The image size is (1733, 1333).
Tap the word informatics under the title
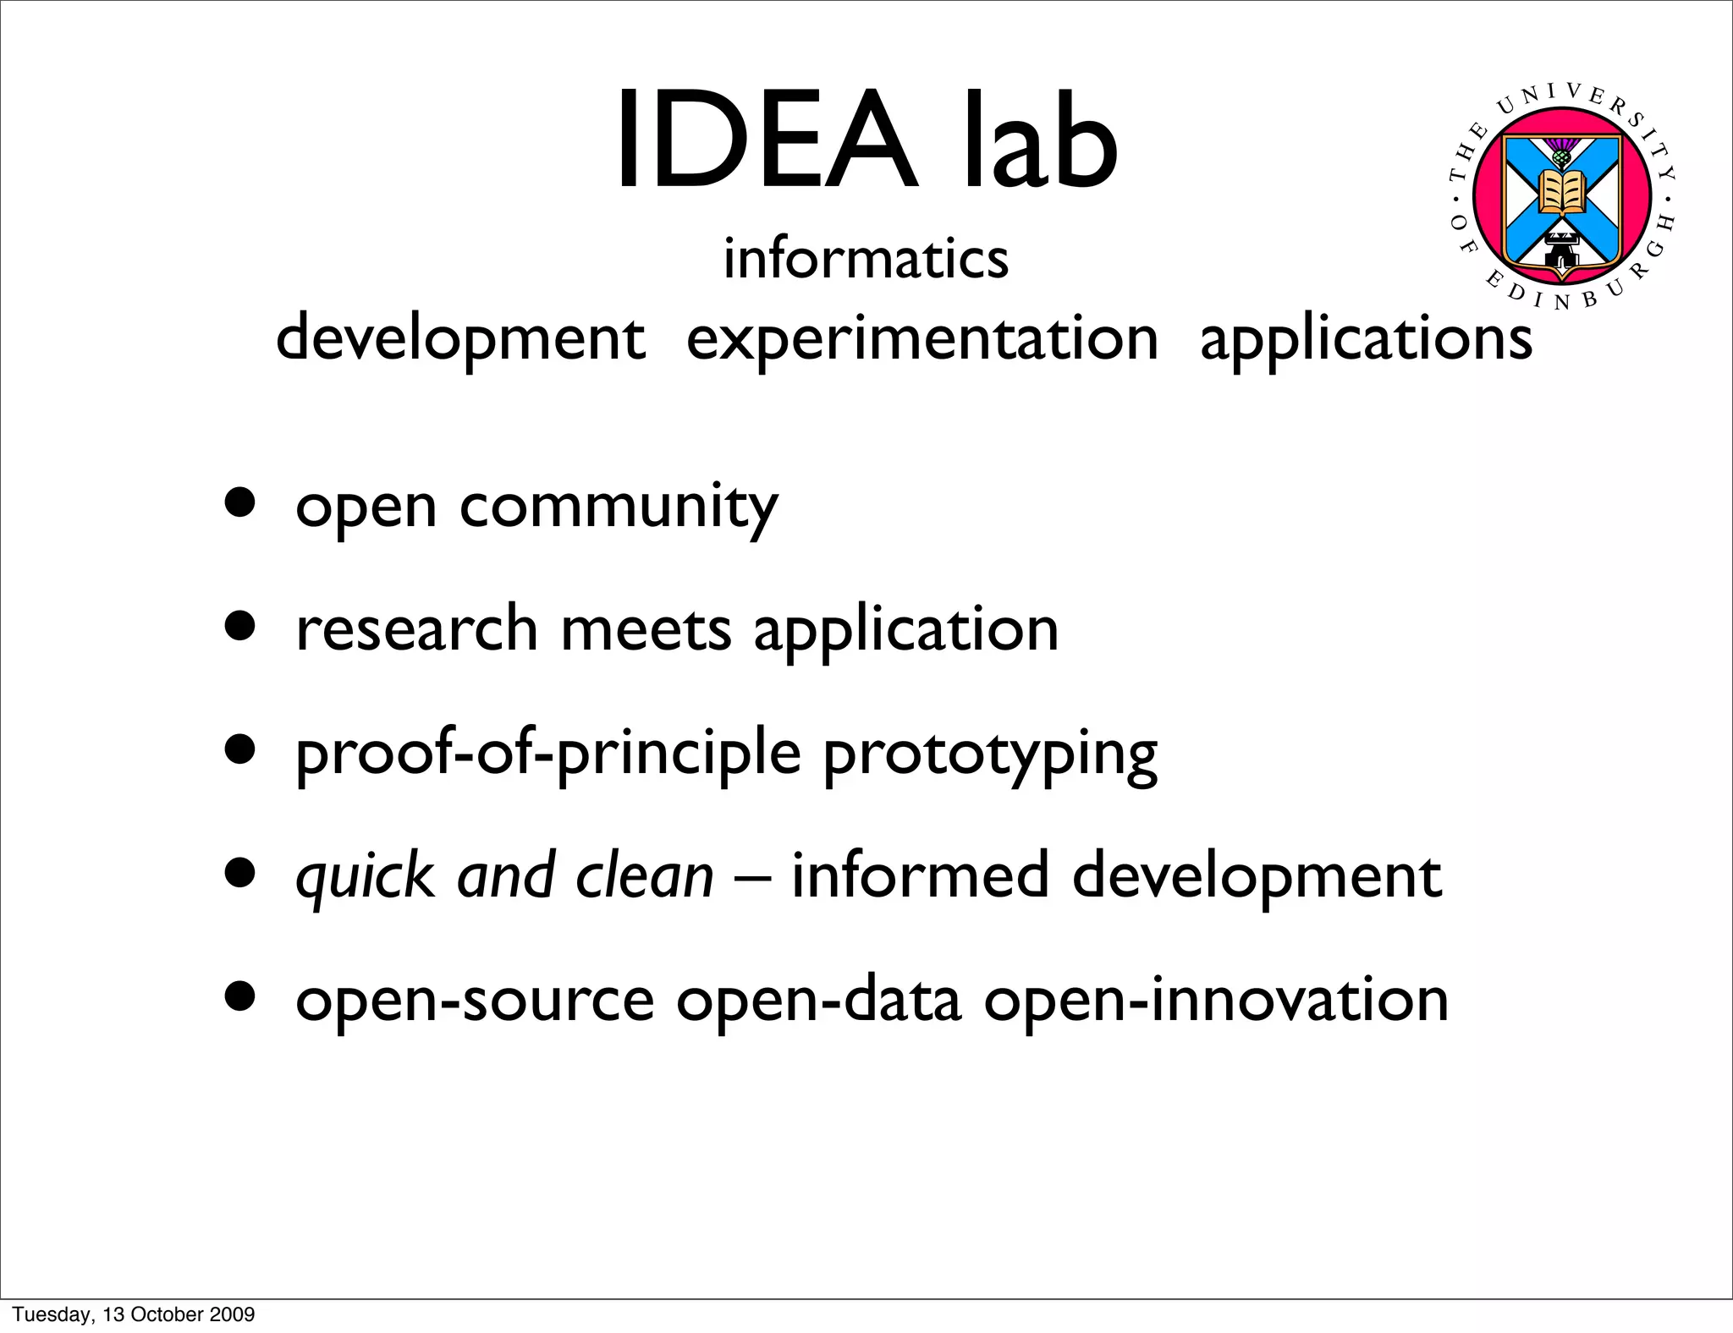tap(866, 258)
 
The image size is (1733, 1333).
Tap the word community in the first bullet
tap(619, 507)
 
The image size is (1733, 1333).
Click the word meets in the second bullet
tap(646, 630)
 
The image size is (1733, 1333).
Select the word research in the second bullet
tap(417, 630)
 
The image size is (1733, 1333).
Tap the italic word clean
tap(645, 875)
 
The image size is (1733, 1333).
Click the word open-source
tap(475, 1001)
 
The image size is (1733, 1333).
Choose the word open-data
tap(819, 1001)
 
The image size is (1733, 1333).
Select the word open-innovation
tap(1216, 1001)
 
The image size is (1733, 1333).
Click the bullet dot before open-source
tap(240, 996)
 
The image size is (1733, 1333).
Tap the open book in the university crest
tap(1561, 193)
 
